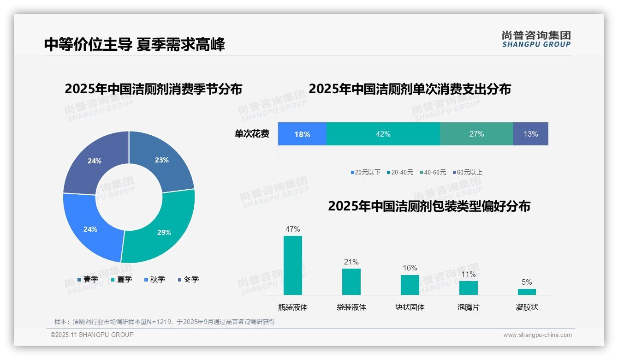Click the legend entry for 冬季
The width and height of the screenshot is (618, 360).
188,280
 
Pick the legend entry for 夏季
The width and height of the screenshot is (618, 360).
121,280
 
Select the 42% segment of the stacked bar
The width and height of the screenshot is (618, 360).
383,134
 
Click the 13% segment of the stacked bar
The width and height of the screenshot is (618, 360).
530,134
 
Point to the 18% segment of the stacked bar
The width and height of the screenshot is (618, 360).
302,134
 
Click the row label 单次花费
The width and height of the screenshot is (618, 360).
252,134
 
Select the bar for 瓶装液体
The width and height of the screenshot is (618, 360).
293,265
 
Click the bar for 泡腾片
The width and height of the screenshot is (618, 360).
468,288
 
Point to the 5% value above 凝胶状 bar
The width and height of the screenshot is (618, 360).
527,282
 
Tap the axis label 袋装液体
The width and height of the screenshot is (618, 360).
351,307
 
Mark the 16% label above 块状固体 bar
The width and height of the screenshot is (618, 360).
410,268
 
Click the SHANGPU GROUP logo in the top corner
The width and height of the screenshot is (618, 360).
536,39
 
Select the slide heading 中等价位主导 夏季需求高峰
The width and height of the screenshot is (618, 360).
134,45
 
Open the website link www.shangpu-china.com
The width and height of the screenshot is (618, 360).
537,335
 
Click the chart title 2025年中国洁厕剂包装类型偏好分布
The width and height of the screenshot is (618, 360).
429,206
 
